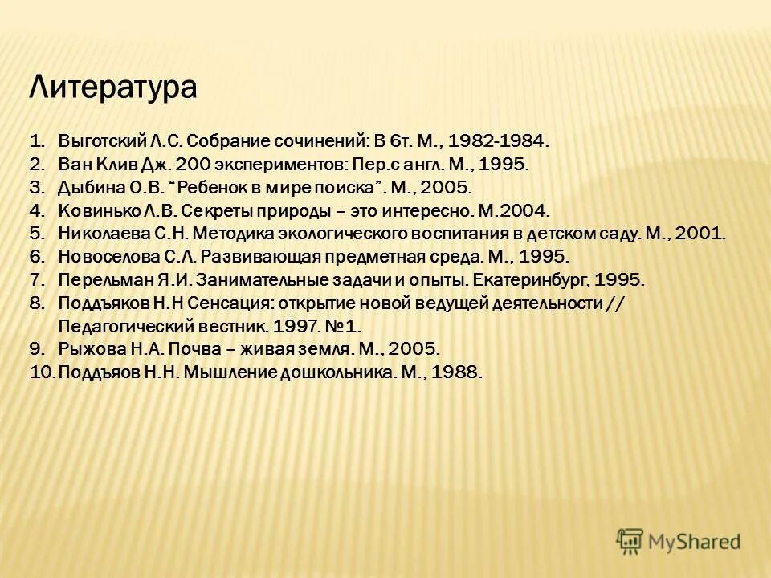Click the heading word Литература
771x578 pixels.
(112, 87)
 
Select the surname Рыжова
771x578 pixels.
(85, 349)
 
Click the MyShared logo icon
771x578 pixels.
(630, 541)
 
